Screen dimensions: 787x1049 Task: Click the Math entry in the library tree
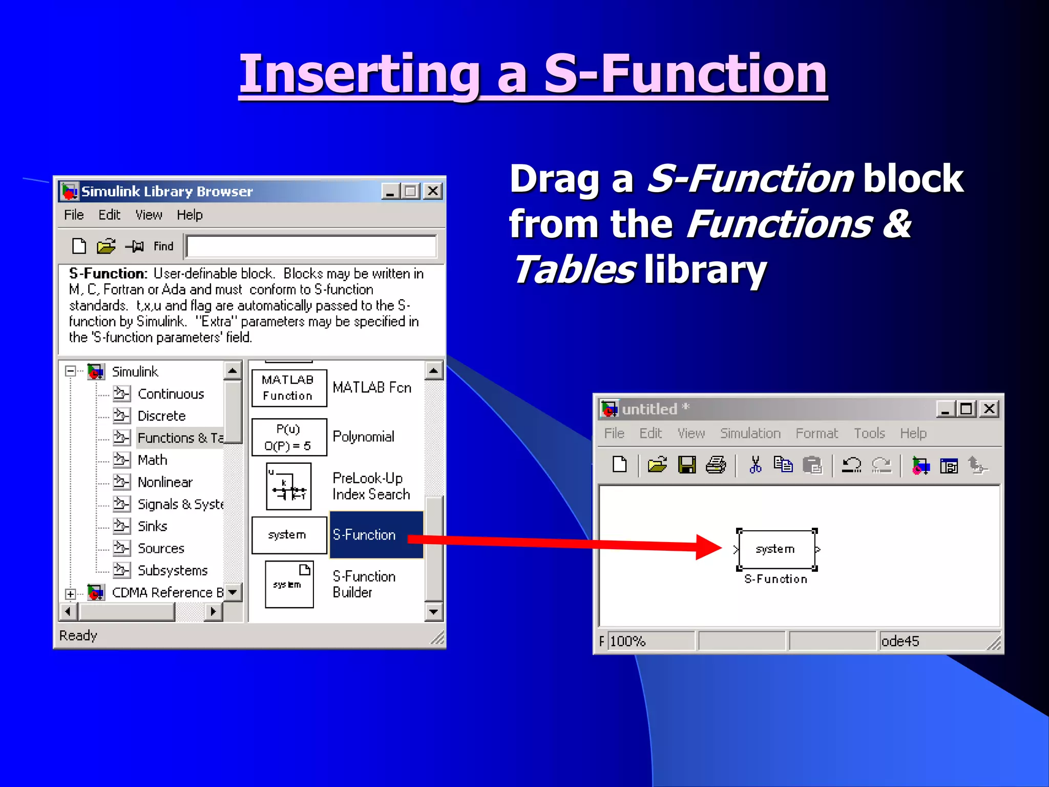click(x=152, y=460)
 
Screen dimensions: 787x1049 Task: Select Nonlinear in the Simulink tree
click(x=164, y=482)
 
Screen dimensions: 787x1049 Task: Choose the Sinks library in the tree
click(x=152, y=526)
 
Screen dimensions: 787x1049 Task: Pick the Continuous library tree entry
click(x=171, y=393)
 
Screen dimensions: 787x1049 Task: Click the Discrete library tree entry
click(x=161, y=416)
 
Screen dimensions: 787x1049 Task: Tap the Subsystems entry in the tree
click(x=173, y=570)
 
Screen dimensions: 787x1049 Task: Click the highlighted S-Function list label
click(x=364, y=535)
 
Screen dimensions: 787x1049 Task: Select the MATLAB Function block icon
click(x=289, y=388)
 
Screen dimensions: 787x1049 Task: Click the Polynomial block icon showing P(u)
click(x=289, y=437)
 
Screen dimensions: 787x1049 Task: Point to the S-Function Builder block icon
click(x=289, y=584)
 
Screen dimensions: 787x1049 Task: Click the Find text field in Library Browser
click(x=311, y=246)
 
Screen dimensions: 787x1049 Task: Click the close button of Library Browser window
click(x=433, y=191)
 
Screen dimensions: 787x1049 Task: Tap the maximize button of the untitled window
click(x=967, y=409)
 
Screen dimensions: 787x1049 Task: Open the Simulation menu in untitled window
click(x=750, y=433)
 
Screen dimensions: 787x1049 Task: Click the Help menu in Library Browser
click(x=190, y=215)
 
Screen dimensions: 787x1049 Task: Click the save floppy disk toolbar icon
click(x=686, y=465)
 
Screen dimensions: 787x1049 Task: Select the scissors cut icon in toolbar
click(x=755, y=465)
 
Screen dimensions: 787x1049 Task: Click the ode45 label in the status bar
click(x=900, y=641)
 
